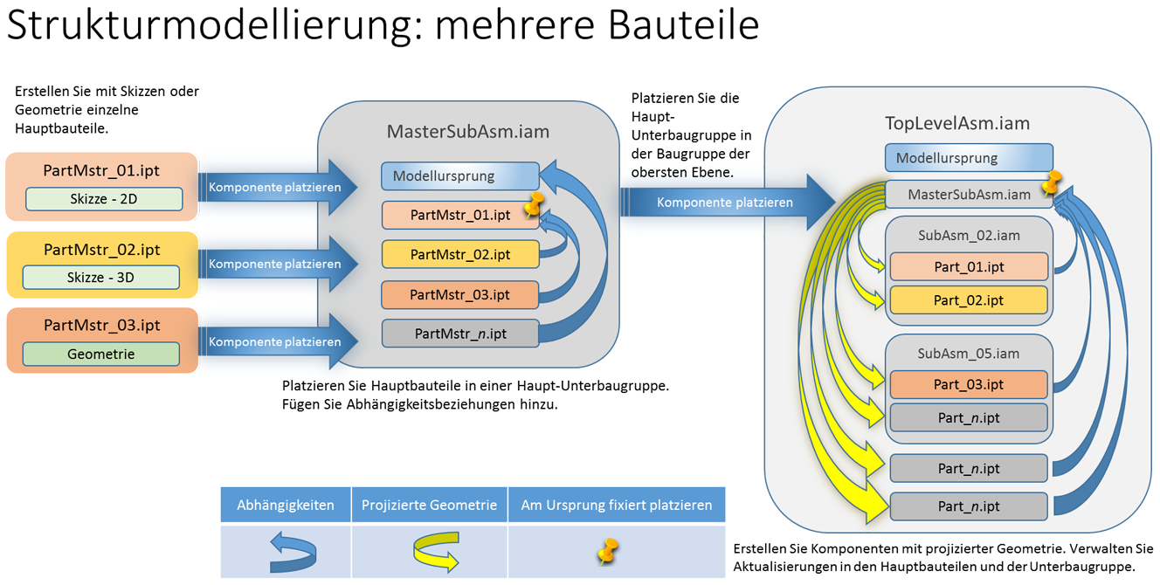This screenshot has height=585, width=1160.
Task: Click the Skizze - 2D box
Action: [x=104, y=199]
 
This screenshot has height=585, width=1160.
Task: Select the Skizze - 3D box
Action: [x=101, y=278]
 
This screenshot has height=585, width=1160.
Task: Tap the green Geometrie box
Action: [x=101, y=354]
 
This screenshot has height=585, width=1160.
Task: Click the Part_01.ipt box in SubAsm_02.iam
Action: [x=969, y=267]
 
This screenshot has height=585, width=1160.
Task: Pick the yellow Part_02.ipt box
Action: [x=969, y=300]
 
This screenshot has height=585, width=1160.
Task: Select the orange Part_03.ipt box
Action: [x=969, y=385]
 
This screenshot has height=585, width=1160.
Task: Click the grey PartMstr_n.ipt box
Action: [x=460, y=334]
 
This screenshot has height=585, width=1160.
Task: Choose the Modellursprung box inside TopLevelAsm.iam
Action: [x=969, y=158]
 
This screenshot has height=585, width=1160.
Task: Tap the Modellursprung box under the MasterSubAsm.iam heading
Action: [x=460, y=176]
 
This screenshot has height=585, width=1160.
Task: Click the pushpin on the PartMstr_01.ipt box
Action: [x=534, y=204]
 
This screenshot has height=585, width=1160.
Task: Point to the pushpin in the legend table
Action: [x=608, y=551]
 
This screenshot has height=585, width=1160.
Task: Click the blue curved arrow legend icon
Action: [x=293, y=552]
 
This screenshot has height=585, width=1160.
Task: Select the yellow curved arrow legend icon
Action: [x=436, y=552]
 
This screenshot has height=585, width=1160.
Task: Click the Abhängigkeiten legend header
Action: [x=286, y=505]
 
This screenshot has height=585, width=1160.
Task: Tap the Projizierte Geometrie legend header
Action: [x=429, y=505]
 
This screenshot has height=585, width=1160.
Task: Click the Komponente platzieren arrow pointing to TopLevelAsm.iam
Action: [x=728, y=203]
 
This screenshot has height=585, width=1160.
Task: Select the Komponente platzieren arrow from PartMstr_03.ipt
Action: [x=278, y=341]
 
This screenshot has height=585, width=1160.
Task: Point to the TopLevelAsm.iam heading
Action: [x=957, y=123]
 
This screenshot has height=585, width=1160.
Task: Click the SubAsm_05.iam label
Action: [x=969, y=354]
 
